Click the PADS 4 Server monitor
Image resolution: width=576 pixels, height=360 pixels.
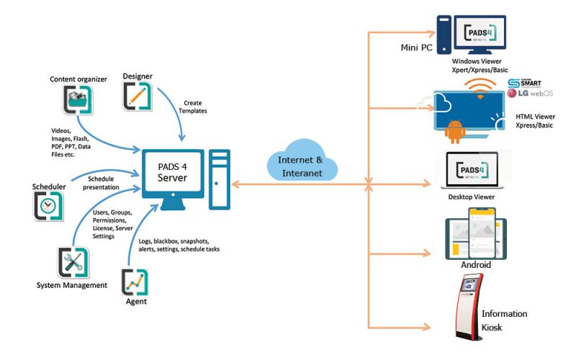point(174,177)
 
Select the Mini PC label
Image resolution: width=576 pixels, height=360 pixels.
point(418,48)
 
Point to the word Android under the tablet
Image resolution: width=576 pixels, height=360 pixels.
point(476,264)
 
